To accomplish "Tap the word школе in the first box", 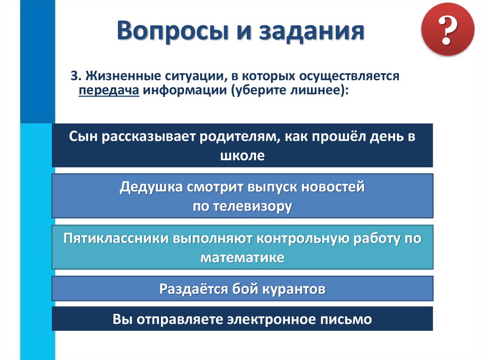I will (242, 155).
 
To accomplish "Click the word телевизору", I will (256, 206).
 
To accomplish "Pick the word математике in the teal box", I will (242, 257).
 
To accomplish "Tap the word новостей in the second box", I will (333, 187).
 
